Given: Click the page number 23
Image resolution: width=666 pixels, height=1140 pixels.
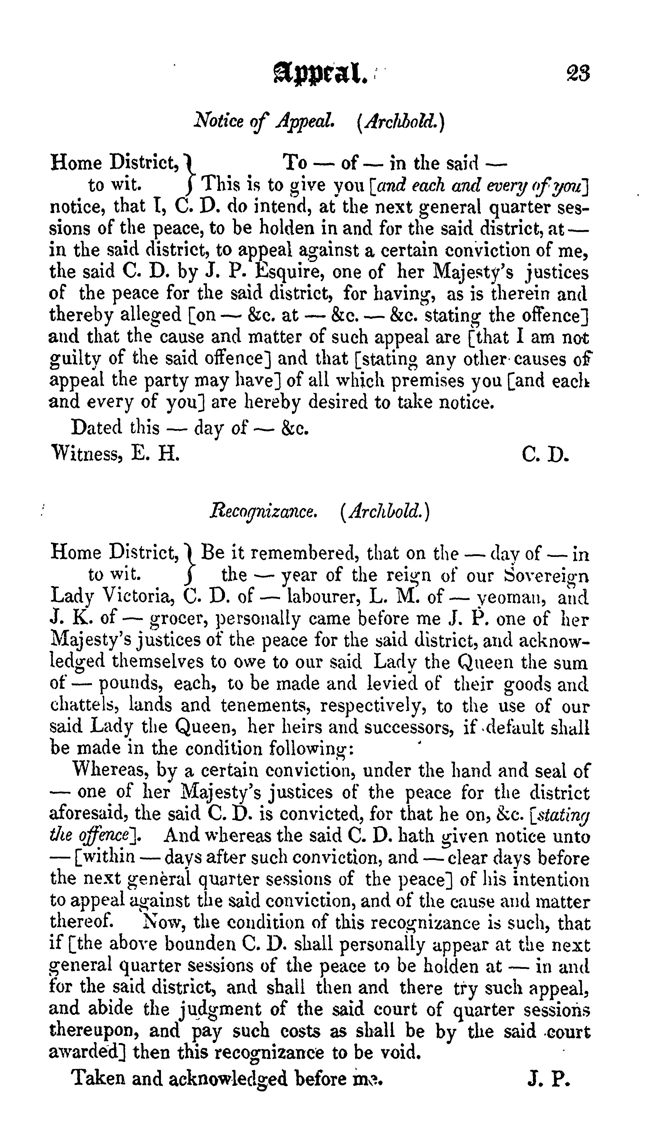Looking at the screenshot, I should click(x=578, y=74).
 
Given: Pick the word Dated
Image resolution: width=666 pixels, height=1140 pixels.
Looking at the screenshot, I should click(x=96, y=427).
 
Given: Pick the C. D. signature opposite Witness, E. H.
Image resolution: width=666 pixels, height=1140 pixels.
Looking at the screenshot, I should click(x=544, y=453).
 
